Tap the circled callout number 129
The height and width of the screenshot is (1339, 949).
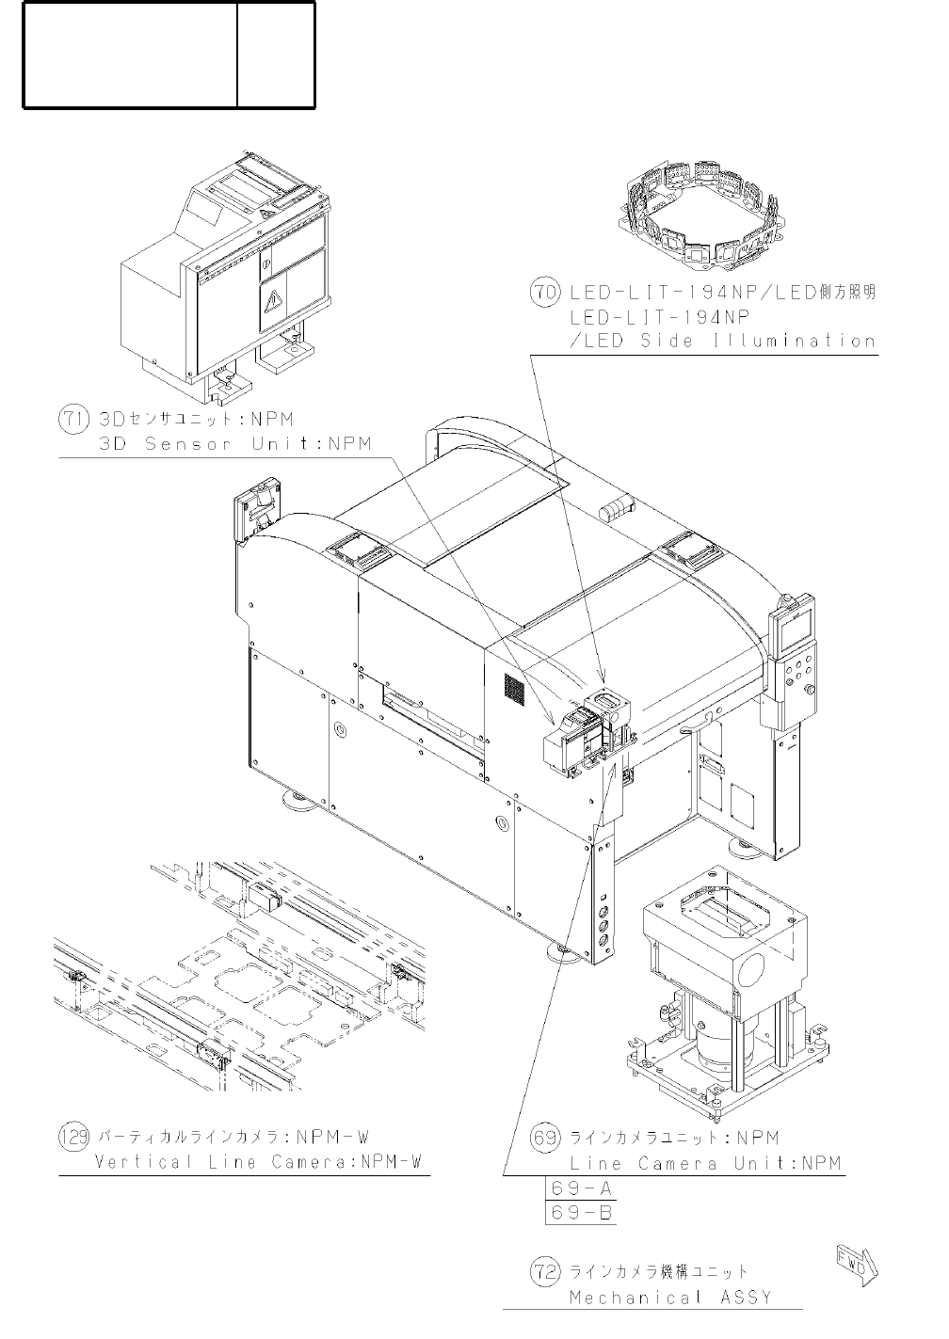coord(73,1137)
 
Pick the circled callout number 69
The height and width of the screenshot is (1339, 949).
coord(546,1138)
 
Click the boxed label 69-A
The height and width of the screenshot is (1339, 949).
coord(581,1188)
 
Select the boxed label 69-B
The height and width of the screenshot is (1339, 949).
coord(581,1212)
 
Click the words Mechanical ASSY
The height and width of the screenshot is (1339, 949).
coord(669,1298)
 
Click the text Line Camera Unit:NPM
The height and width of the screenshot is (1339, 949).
coord(705,1163)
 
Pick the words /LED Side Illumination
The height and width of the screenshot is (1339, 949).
coord(722,341)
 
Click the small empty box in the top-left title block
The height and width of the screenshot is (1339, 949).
coord(275,55)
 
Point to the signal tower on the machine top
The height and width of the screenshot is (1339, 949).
coord(617,509)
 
